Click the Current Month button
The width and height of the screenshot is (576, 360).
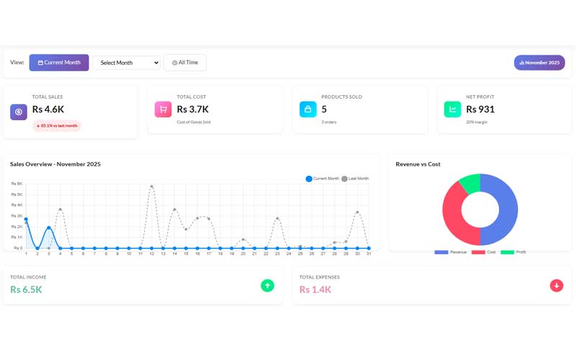tap(59, 63)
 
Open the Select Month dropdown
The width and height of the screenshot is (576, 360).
tap(126, 63)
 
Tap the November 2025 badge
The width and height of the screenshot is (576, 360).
tap(539, 63)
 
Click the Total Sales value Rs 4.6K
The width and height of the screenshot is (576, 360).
tap(48, 109)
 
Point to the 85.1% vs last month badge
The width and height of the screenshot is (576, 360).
tap(57, 126)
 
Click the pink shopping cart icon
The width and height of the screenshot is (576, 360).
tap(163, 109)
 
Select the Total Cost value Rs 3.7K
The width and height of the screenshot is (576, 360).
tap(193, 109)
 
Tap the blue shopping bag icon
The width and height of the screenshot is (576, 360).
tap(308, 109)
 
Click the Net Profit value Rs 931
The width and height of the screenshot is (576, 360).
tap(480, 109)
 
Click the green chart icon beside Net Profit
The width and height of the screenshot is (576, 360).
tap(453, 109)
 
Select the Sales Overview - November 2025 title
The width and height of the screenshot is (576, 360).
tap(55, 164)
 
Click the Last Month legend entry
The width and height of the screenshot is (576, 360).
tap(355, 179)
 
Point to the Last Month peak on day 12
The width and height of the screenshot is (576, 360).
tap(152, 186)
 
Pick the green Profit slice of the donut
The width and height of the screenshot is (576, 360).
tap(469, 184)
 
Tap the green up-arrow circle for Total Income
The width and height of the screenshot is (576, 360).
tap(268, 286)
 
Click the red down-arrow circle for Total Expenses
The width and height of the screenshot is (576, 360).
tap(557, 286)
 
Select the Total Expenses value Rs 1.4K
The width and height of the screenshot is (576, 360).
tap(315, 289)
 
